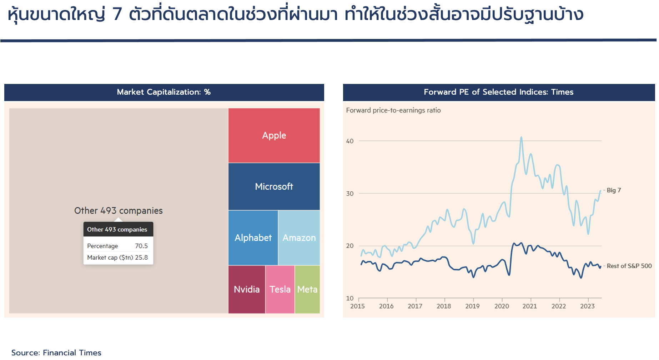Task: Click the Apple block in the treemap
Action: pos(274,135)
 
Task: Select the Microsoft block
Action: pos(274,186)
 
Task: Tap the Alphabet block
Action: pos(253,237)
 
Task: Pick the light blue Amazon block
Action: pos(299,237)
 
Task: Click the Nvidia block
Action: pos(247,289)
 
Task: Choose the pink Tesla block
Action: pos(280,289)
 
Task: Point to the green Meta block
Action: pos(307,289)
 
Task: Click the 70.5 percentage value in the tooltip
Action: pos(141,246)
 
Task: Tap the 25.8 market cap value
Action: pos(141,257)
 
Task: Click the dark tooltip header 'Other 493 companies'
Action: pos(118,229)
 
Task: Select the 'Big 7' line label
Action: pos(614,190)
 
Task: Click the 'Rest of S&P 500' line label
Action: pos(629,266)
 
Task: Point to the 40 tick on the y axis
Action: pos(350,141)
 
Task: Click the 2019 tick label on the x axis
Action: pos(472,306)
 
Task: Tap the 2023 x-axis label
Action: pos(587,306)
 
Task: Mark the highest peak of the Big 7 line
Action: pos(521,137)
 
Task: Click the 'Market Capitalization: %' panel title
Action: pos(164,92)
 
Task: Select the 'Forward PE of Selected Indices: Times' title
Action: pos(499,92)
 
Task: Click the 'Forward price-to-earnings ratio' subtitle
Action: pos(393,110)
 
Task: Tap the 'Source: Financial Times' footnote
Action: pos(56,352)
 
